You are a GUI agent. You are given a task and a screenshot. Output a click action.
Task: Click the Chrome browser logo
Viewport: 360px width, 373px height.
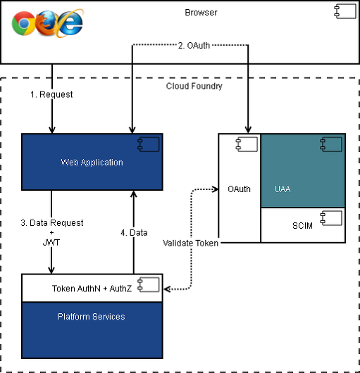[23, 23]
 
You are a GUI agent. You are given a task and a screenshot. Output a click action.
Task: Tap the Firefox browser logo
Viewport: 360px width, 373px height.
[47, 23]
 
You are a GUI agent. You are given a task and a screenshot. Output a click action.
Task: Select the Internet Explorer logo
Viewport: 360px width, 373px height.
[70, 23]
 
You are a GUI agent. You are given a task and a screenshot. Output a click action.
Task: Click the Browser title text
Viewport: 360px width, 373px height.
[201, 13]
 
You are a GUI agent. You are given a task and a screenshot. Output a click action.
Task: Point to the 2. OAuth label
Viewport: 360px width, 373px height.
[194, 46]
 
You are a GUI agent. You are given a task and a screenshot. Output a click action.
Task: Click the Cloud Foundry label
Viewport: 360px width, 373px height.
[194, 86]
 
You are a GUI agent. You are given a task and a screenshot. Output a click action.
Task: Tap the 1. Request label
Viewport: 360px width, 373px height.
[51, 94]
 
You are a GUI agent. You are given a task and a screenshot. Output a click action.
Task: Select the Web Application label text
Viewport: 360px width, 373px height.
[92, 163]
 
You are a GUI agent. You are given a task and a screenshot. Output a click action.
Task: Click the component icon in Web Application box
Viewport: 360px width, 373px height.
[149, 144]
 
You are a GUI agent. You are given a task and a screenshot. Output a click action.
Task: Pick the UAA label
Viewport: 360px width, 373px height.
[282, 189]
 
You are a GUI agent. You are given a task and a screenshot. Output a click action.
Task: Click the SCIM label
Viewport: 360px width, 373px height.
[302, 225]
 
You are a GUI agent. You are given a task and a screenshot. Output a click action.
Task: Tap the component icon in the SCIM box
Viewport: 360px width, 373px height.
[331, 218]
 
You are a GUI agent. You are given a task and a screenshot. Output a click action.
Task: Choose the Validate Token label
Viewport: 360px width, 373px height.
[190, 243]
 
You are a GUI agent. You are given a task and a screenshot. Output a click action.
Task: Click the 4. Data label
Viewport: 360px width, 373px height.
[134, 233]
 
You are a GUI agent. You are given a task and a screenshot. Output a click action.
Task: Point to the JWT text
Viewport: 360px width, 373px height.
[51, 243]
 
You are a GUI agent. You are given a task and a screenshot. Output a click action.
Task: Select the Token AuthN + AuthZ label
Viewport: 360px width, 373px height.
[92, 289]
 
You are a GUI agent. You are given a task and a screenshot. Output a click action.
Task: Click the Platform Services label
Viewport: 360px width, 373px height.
[92, 317]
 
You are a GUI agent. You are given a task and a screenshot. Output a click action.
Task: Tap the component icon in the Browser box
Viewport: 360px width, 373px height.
[345, 11]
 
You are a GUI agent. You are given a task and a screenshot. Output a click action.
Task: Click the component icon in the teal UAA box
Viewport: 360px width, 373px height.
[331, 144]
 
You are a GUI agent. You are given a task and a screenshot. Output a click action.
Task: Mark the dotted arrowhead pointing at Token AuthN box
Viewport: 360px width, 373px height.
[167, 289]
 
